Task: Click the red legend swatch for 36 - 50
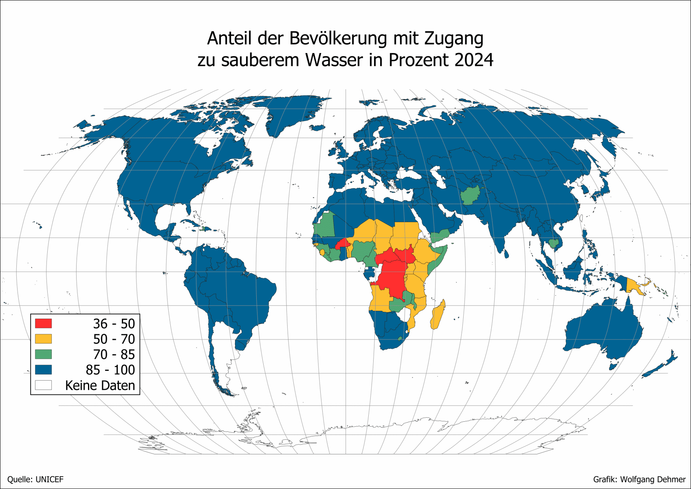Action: click(43, 324)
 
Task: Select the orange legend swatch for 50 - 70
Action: click(43, 339)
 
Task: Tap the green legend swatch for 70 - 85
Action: click(43, 354)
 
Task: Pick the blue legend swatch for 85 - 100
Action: click(43, 370)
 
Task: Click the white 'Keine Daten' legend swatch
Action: click(43, 385)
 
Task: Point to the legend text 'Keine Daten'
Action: click(100, 385)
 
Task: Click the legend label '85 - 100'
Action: click(110, 370)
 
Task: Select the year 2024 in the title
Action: click(474, 60)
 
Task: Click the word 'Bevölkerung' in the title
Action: click(338, 38)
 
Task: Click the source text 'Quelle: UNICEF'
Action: click(35, 480)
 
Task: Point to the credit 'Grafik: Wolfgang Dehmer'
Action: click(639, 480)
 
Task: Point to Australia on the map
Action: click(603, 330)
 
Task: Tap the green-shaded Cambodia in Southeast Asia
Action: click(553, 243)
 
